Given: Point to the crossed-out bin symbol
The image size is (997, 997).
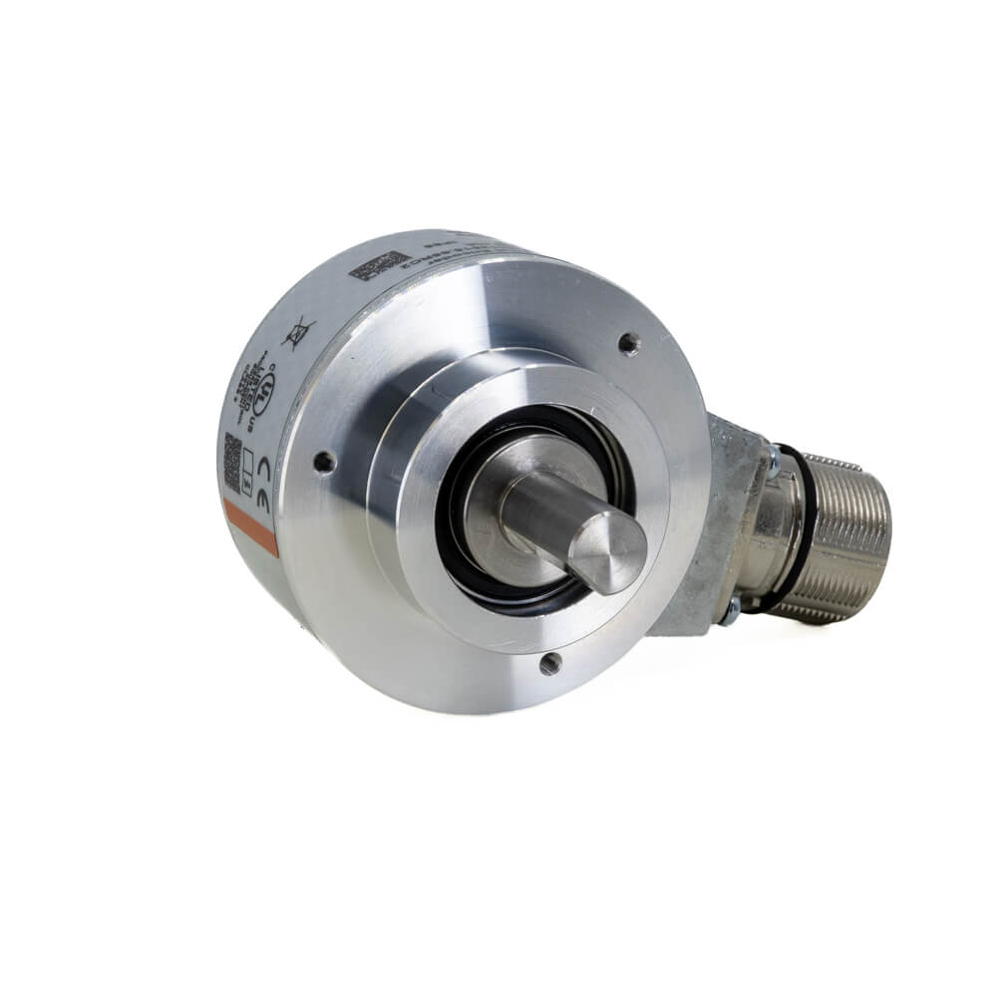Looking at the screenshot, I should pyautogui.click(x=297, y=332).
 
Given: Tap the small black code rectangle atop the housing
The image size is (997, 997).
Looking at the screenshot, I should pyautogui.click(x=378, y=264).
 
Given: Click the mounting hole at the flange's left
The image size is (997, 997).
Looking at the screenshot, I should pyautogui.click(x=323, y=462).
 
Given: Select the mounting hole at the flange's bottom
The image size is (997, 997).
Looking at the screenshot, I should pyautogui.click(x=549, y=662).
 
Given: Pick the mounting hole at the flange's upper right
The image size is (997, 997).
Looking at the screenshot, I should pyautogui.click(x=628, y=344).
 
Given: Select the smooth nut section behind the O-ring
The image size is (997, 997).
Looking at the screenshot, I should pyautogui.click(x=776, y=538).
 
